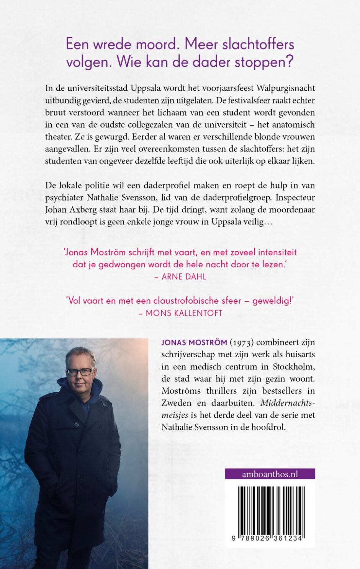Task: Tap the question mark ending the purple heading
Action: [x=290, y=61]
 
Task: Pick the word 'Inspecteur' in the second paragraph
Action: [x=295, y=198]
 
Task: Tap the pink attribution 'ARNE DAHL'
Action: [x=183, y=276]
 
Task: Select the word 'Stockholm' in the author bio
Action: [x=293, y=366]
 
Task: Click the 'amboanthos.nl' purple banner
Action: [x=270, y=474]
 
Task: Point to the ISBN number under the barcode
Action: [x=268, y=538]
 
